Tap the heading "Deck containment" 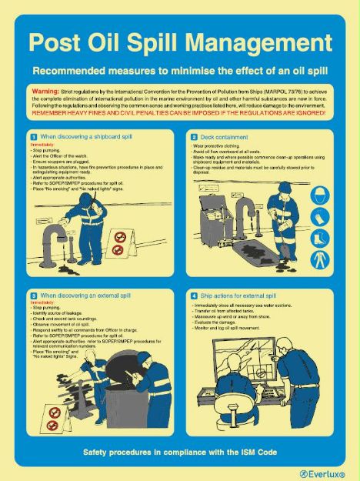[x=223, y=137]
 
